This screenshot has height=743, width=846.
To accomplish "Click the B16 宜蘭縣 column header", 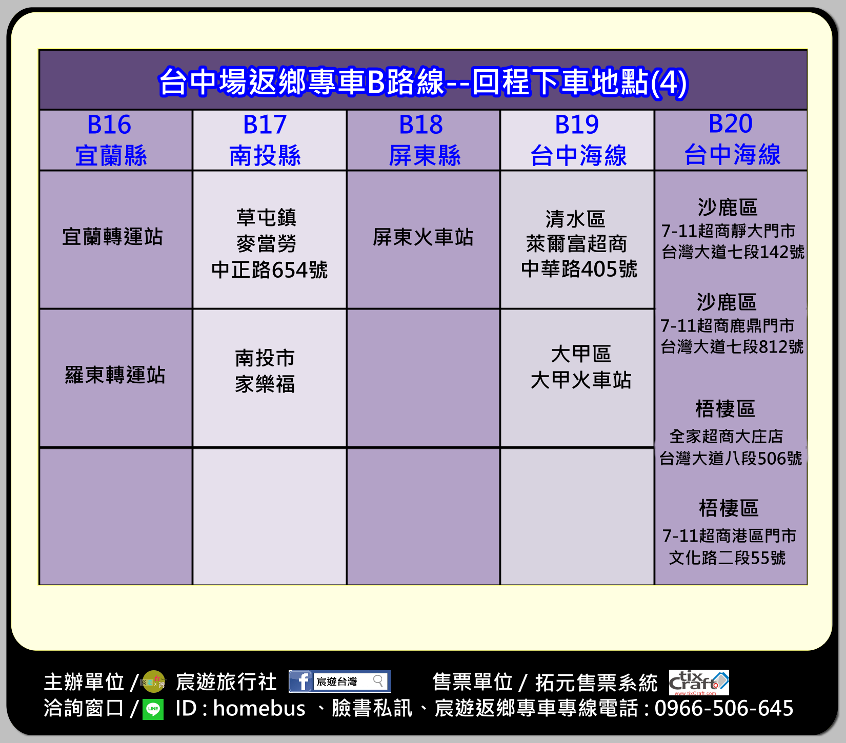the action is (116, 140).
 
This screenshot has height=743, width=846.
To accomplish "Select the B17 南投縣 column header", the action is (270, 140).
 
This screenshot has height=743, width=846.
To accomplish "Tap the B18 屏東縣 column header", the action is (424, 140).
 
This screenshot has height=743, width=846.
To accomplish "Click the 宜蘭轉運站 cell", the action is (116, 239).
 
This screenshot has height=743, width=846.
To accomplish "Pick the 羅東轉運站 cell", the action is (116, 378).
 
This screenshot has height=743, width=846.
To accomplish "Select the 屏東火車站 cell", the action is (424, 239).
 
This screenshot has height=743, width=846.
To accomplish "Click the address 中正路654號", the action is (270, 270).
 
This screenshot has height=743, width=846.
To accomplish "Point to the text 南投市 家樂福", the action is (265, 371).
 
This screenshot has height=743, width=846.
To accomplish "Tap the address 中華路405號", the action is (579, 269).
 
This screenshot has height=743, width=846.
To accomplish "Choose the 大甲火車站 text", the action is (581, 380).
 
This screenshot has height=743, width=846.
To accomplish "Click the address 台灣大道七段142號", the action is (733, 252).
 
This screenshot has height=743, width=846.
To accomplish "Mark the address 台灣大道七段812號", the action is (732, 347).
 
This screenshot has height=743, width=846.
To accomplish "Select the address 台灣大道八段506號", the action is (731, 458).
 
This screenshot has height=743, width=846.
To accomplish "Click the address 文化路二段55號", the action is (727, 558).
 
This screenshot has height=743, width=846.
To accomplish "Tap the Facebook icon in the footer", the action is (301, 682).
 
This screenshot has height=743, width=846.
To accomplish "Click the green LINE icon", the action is (153, 710).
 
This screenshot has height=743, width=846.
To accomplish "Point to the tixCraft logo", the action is (699, 683).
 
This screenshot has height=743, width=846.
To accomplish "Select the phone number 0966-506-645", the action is (724, 708).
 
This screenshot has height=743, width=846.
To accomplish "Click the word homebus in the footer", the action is (259, 708).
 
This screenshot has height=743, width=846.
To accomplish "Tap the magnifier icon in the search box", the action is (378, 681).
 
